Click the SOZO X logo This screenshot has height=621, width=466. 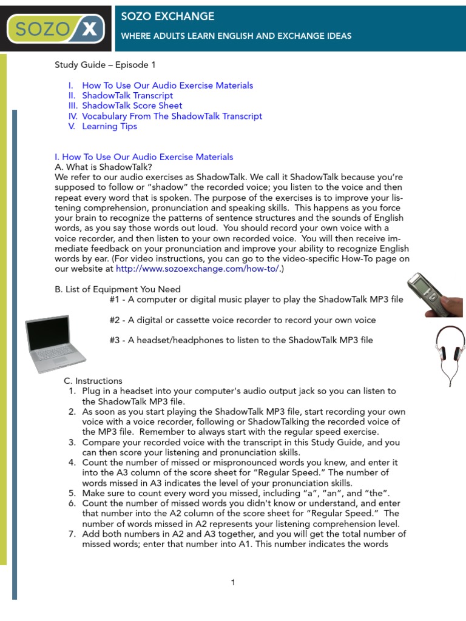tap(55, 28)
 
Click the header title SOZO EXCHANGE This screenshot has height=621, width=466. tap(167, 16)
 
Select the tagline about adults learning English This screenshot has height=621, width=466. tap(236, 36)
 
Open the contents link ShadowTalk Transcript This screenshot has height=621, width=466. tap(127, 95)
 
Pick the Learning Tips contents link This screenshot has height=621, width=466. tap(109, 126)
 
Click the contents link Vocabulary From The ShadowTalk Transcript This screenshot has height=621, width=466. tap(172, 116)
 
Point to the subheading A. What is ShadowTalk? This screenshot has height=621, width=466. tap(103, 167)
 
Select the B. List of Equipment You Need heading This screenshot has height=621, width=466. tap(118, 289)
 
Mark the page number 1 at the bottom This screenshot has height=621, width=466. tap(232, 583)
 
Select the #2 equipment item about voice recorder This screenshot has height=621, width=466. tap(243, 320)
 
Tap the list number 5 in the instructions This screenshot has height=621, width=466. tap(72, 493)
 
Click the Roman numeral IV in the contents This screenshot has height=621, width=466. tap(73, 116)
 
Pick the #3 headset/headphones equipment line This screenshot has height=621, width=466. tap(241, 340)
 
